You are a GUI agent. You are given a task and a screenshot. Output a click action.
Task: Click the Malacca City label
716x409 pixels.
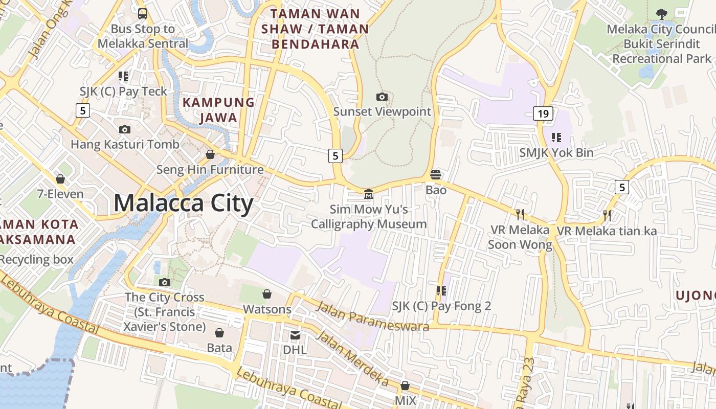tap(183, 203)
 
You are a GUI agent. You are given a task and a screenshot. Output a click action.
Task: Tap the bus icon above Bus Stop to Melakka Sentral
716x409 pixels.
tap(143, 14)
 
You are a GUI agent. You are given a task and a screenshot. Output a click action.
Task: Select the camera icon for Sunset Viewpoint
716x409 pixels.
tap(382, 97)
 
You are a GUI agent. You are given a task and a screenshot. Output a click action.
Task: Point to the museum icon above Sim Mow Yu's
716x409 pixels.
tap(368, 194)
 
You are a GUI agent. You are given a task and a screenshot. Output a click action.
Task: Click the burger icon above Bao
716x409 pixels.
tap(436, 175)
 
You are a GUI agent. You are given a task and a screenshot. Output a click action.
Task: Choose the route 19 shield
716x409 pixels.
tap(543, 113)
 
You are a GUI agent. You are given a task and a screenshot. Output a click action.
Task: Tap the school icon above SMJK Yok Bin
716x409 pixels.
tap(556, 137)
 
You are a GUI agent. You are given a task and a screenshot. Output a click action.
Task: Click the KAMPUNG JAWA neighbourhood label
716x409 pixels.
tap(219, 110)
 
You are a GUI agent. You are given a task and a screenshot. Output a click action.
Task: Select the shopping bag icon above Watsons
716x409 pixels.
tap(266, 293)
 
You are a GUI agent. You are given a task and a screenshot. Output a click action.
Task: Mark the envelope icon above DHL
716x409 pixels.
tap(295, 335)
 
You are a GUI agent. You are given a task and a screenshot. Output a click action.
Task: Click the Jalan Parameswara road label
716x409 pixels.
tap(372, 316)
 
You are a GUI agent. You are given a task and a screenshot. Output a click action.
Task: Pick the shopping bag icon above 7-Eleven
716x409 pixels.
tap(60, 179)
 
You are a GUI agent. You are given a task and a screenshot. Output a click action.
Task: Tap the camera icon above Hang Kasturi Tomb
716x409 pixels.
tap(124, 129)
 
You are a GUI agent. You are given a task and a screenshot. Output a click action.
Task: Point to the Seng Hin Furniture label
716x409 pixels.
tap(210, 169)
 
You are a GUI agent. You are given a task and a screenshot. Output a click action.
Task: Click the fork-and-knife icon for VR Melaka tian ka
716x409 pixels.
tap(607, 215)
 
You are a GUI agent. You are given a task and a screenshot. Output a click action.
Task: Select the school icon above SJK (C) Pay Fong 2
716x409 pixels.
tap(441, 291)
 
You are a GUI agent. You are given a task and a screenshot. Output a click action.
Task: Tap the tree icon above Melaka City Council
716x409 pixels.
tap(661, 14)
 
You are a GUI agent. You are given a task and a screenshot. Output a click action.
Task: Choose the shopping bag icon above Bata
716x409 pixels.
tap(219, 333)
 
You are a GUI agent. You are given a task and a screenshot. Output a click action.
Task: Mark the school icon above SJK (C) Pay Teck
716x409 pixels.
tap(123, 76)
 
